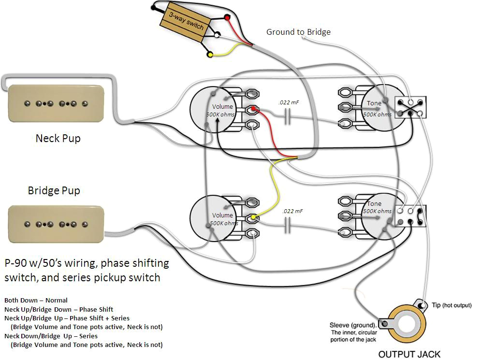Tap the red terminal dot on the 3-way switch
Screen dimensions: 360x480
tap(227, 18)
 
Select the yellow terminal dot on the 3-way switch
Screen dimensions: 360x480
tap(209, 55)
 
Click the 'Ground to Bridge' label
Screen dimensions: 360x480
tap(298, 32)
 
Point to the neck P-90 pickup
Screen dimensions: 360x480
tap(54, 103)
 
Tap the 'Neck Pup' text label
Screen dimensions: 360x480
tap(58, 138)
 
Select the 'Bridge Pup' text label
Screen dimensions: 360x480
tap(54, 190)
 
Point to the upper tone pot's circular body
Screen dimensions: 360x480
tap(382, 109)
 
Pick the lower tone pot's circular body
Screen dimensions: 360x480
tap(382, 217)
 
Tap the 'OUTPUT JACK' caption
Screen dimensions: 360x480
tap(409, 354)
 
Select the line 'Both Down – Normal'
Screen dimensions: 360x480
tap(36, 300)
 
